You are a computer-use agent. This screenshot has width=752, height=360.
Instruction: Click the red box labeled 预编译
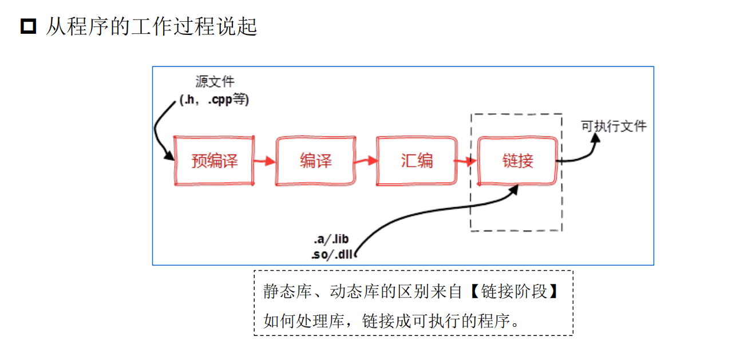214,161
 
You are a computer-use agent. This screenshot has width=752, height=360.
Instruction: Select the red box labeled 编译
315,161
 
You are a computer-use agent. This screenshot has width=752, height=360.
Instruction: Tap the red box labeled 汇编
417,161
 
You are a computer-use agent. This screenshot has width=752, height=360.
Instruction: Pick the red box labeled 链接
517,161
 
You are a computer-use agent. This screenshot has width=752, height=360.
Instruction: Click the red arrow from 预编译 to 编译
264,161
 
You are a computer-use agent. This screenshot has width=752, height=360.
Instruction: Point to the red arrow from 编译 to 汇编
366,161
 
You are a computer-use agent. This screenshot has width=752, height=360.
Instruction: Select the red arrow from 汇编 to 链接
466,161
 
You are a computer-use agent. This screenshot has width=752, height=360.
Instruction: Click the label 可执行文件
614,126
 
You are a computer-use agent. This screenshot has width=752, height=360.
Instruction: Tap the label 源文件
215,82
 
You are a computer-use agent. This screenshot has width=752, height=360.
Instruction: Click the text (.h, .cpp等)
215,100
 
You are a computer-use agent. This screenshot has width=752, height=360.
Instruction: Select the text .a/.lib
331,239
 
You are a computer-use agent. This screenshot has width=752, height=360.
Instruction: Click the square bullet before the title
28,26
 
